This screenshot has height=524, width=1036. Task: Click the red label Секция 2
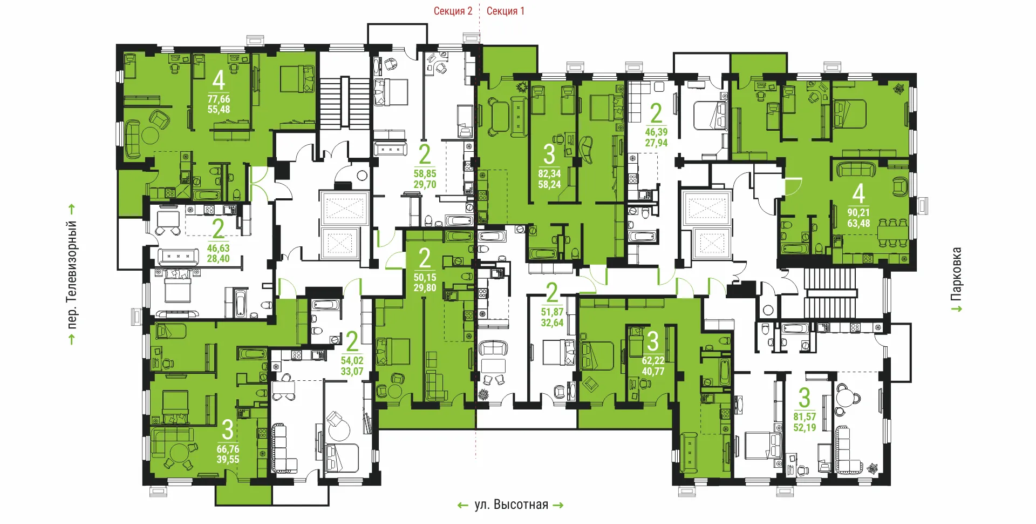453,11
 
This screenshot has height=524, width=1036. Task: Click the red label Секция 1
505,11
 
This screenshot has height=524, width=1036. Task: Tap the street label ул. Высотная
512,505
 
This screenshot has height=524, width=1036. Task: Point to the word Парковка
956,274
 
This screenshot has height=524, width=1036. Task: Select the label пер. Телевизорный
71,275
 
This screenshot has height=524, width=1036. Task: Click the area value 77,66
219,99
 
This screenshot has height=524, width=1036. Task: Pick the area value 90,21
858,212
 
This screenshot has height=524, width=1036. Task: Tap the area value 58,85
425,174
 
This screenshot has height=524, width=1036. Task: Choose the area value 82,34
549,174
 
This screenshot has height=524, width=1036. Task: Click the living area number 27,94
656,143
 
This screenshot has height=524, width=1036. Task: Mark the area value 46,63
219,248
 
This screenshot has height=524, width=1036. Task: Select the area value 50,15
425,278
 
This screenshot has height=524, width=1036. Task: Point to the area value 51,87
552,312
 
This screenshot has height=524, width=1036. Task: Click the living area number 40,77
653,371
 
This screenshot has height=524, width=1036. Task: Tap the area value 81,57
805,417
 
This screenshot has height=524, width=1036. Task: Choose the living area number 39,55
228,460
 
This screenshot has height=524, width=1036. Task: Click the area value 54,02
352,361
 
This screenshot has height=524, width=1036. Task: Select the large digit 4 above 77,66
219,80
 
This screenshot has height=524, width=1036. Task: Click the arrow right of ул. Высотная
558,506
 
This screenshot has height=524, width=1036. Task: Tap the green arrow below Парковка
957,309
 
